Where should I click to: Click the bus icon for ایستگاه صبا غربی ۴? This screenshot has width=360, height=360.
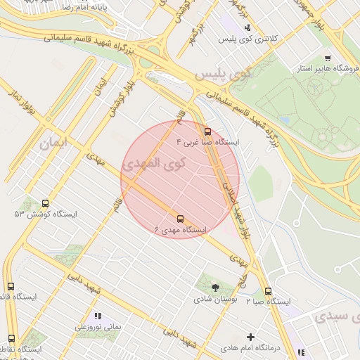pos(207,131)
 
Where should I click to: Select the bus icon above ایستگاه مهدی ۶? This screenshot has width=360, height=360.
pos(181,219)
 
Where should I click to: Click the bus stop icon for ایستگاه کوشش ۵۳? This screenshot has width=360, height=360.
pos(46,202)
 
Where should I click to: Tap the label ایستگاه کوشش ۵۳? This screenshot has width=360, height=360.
pos(46,214)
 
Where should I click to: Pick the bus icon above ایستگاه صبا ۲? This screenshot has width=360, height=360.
pos(268,291)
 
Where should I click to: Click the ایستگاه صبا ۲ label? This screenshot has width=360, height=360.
pos(268,302)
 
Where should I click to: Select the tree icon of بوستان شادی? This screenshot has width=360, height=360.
pos(216,287)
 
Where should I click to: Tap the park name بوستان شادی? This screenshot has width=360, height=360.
pos(216,299)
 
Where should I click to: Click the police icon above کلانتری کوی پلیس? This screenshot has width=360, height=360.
pos(247,27)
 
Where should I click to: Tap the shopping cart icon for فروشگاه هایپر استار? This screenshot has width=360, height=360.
pos(327,58)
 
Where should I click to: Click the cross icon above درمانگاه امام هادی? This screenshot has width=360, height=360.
pos(250,337)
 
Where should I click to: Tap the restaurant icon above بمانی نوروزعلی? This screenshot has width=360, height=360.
pos(97,316)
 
